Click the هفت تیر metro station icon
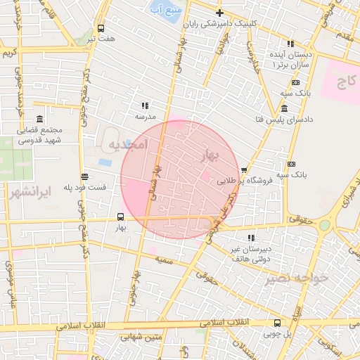[101, 29]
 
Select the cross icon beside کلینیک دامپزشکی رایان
[219, 13]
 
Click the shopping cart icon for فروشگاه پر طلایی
[244, 169]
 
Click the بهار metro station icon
[120, 216]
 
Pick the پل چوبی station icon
[277, 323]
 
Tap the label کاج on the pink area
[345, 83]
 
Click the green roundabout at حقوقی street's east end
[325, 226]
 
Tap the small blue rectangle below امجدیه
[105, 162]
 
